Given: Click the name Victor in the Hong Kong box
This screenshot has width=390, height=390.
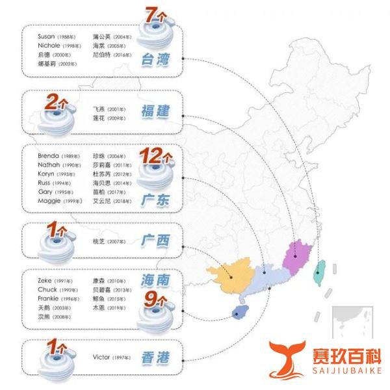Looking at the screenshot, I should (101, 357).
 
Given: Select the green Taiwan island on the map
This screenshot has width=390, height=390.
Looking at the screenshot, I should (320, 272).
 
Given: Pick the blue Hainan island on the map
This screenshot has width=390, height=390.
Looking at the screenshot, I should (239, 315).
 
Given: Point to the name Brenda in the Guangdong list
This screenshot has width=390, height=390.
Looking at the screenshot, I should (49, 157).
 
